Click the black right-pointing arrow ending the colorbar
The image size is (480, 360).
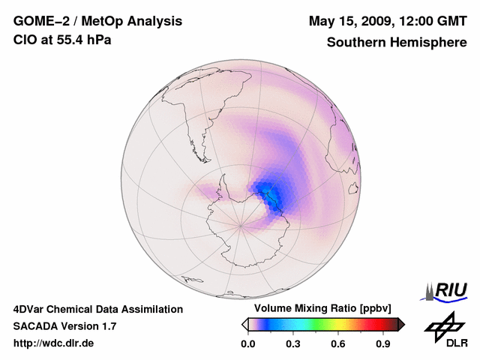pyautogui.click(x=402, y=324)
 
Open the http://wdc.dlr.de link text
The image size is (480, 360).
pyautogui.click(x=54, y=343)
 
